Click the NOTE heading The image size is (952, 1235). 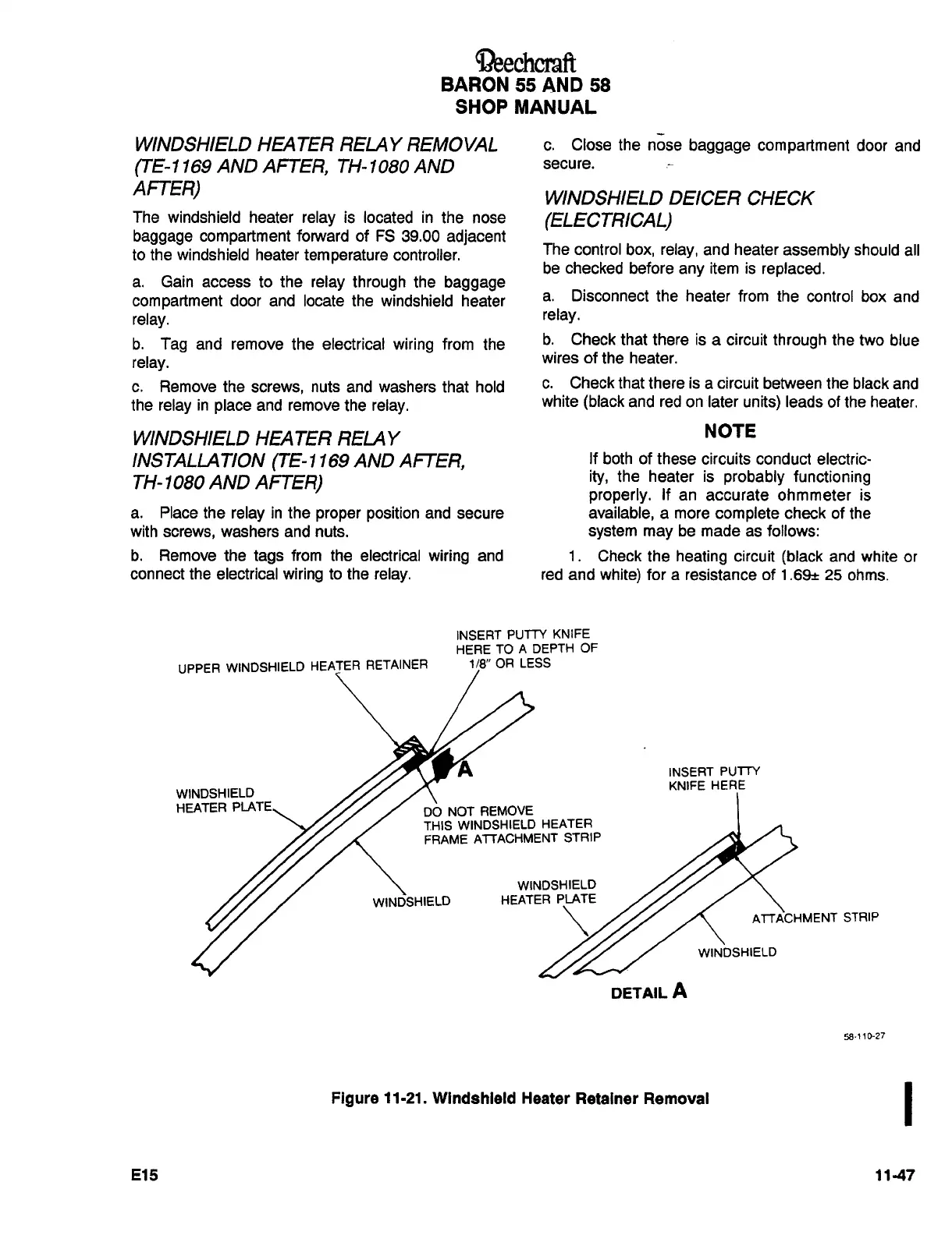pyautogui.click(x=730, y=431)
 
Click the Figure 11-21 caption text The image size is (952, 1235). pyautogui.click(x=520, y=1099)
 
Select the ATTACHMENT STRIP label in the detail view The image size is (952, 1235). pyautogui.click(x=815, y=918)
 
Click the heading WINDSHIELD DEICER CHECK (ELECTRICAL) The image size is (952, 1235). pyautogui.click(x=677, y=209)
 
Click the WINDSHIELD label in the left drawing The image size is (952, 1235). pyautogui.click(x=411, y=902)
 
